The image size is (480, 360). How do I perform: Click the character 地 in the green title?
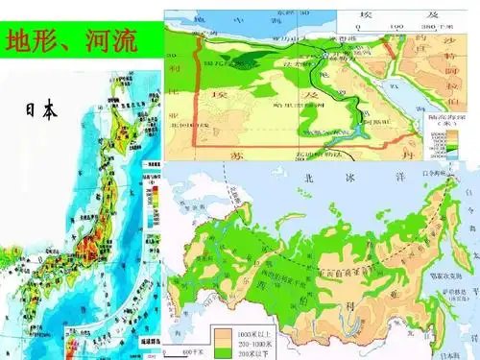point(20,40)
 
